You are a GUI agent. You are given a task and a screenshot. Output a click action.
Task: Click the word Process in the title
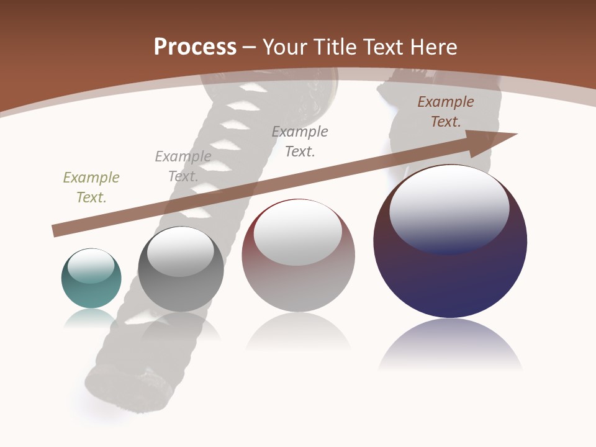[195, 47]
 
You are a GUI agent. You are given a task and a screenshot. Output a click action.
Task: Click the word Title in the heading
[332, 47]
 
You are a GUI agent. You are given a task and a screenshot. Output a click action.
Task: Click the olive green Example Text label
[91, 187]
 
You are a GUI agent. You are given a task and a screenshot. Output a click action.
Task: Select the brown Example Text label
[446, 112]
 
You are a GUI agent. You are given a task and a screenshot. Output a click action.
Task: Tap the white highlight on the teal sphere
[91, 266]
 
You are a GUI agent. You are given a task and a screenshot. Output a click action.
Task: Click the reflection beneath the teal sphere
[91, 318]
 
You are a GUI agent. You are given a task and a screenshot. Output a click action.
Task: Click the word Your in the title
[283, 47]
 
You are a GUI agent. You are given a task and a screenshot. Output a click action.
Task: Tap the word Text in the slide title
[382, 47]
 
